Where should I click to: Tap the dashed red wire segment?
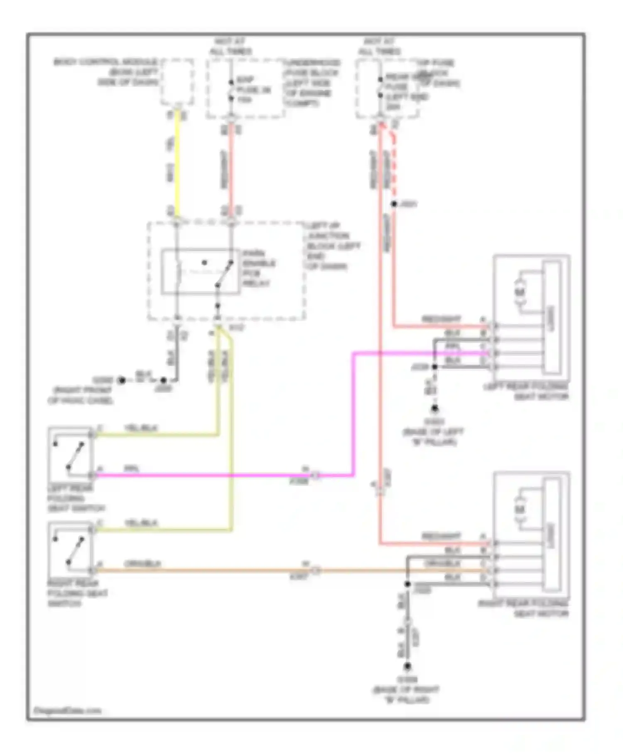pyautogui.click(x=393, y=166)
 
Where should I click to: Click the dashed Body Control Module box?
pyautogui.click(x=177, y=82)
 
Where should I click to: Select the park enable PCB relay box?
pyautogui.click(x=200, y=272)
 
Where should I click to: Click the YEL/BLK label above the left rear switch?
pyautogui.click(x=141, y=428)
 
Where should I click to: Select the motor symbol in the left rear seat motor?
pyautogui.click(x=520, y=292)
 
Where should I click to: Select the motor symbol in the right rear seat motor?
pyautogui.click(x=520, y=509)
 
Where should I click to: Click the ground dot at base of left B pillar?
pyautogui.click(x=434, y=409)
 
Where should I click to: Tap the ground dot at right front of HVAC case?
pyautogui.click(x=122, y=380)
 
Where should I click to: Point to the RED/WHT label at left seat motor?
pyautogui.click(x=441, y=319)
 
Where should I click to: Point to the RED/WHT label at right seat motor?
pyautogui.click(x=441, y=536)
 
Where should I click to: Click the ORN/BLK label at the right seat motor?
pyautogui.click(x=442, y=564)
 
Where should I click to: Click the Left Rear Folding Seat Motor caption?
pyautogui.click(x=525, y=392)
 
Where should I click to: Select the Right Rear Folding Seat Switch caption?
pyautogui.click(x=77, y=593)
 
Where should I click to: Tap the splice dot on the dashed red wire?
pyautogui.click(x=394, y=204)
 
